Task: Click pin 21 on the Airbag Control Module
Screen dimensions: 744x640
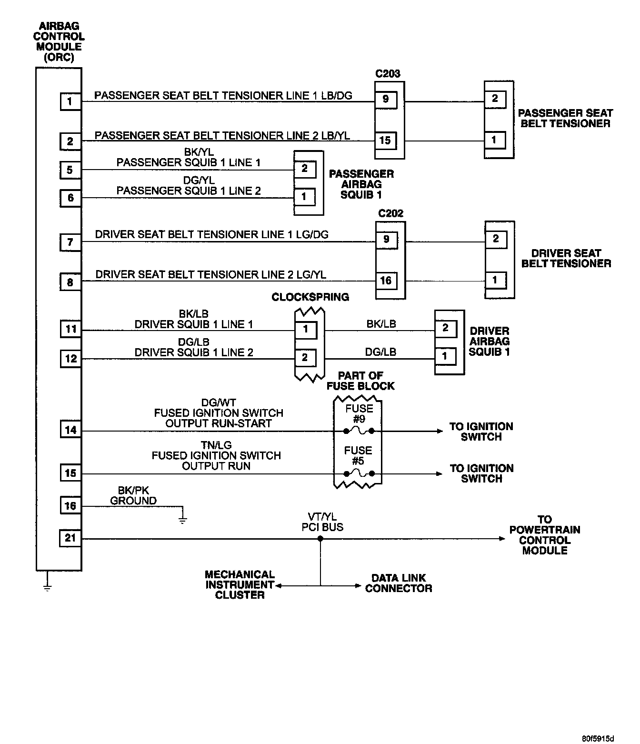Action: (70, 538)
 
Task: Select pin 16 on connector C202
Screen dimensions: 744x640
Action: (386, 280)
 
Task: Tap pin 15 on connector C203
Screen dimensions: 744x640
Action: (385, 140)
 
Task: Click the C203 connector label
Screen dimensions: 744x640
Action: (388, 74)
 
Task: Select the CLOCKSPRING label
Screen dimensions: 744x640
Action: (310, 297)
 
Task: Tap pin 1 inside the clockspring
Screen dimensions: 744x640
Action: (306, 329)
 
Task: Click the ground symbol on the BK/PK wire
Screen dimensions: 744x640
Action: (182, 518)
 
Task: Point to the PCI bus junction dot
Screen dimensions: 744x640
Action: (320, 539)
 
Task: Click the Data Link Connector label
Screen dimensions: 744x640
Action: (399, 583)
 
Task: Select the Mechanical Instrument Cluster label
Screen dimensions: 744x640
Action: (240, 584)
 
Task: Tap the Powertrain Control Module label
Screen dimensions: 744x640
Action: (545, 535)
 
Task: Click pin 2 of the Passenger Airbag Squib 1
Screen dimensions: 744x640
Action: (305, 168)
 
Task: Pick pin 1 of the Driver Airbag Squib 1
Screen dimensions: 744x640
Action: (445, 356)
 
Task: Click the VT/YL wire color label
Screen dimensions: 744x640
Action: (322, 517)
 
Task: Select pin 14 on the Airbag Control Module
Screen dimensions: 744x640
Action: (70, 430)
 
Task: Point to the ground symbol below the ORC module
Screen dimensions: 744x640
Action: (47, 584)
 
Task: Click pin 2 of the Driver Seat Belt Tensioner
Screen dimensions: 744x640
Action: (496, 239)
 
